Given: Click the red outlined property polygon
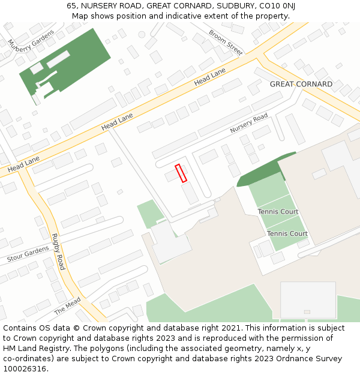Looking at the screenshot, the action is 181,173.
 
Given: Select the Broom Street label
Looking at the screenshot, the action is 226,42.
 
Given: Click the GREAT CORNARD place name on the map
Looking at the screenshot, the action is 301,84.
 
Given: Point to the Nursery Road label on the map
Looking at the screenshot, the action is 248,123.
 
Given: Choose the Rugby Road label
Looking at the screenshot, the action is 58,251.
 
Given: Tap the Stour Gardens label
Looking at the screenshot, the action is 28,254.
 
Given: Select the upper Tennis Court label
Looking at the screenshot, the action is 278,212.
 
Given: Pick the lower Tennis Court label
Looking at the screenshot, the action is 287,233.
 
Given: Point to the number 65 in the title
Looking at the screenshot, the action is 71,6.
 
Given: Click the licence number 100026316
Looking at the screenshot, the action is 25,369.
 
